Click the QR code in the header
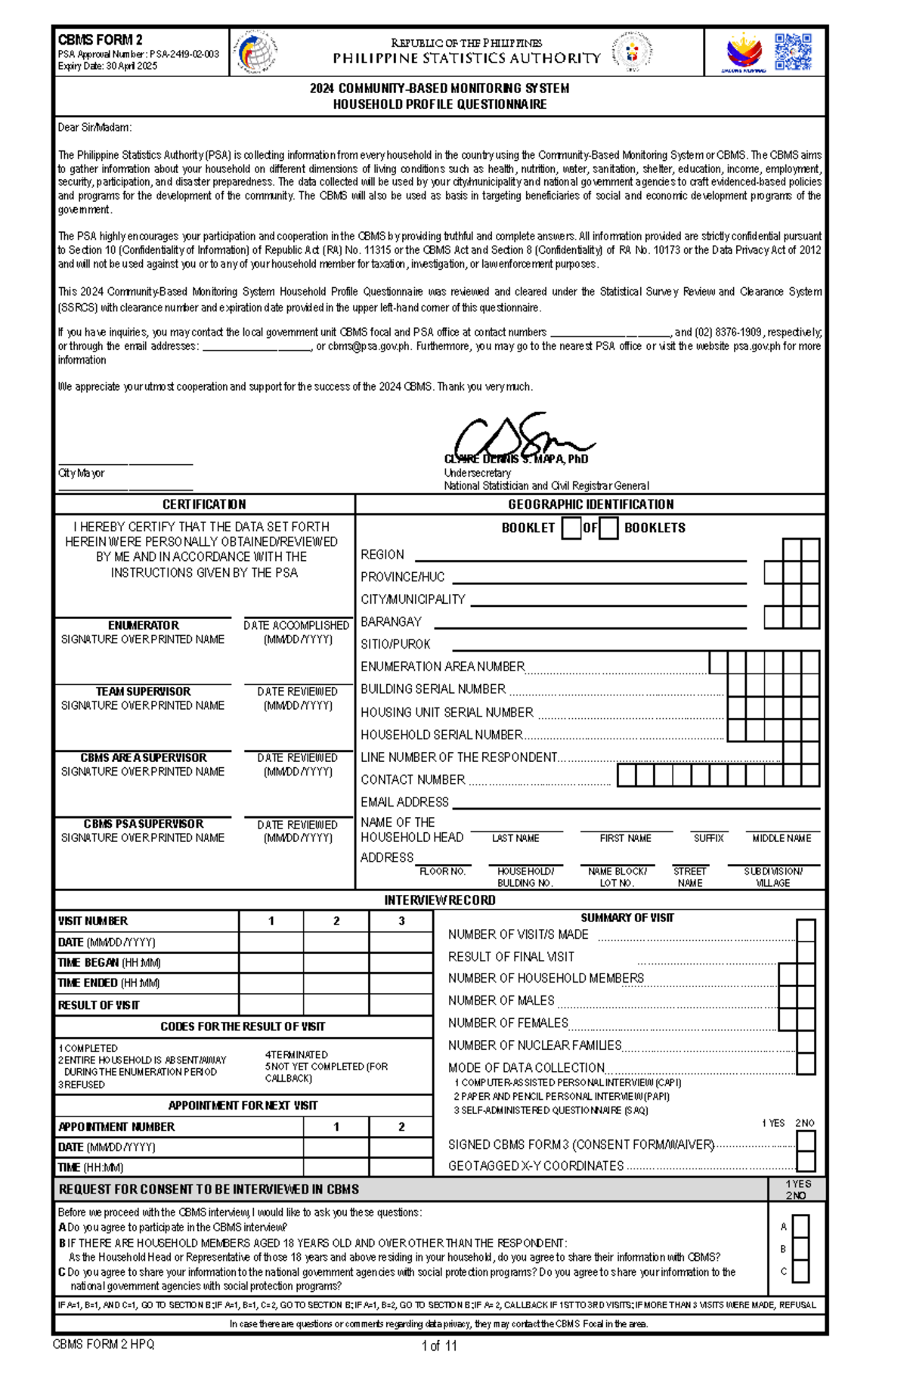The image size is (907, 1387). click(x=793, y=52)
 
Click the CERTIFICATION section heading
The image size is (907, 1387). click(x=204, y=504)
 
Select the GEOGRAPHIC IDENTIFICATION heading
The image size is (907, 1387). click(x=590, y=504)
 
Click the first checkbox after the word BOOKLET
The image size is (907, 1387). click(x=571, y=528)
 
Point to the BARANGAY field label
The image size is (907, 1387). click(x=391, y=621)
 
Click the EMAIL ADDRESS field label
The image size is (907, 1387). click(x=404, y=802)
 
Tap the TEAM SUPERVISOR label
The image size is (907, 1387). click(x=143, y=692)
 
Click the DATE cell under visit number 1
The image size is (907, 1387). click(x=271, y=943)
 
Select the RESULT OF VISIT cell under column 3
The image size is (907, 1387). click(x=401, y=1005)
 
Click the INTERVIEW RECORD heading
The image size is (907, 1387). click(x=440, y=900)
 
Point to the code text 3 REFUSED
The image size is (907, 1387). click(x=82, y=1085)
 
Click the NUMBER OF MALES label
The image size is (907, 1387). click(x=501, y=1000)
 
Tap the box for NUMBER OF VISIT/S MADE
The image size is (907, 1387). click(x=806, y=930)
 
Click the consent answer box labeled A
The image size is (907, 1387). click(x=800, y=1227)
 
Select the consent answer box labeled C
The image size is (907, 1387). click(x=800, y=1271)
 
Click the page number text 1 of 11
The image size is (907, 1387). click(x=439, y=1345)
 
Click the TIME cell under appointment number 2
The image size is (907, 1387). click(x=401, y=1167)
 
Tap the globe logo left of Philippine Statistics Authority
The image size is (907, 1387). click(x=256, y=52)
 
